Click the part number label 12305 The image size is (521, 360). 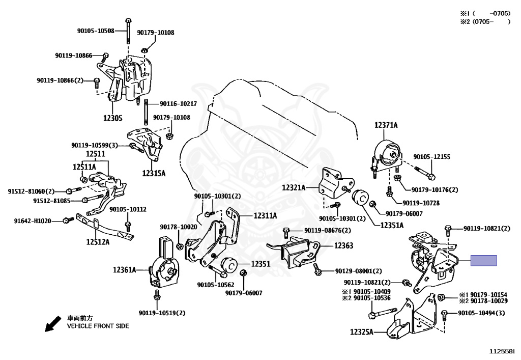pyautogui.click(x=112, y=118)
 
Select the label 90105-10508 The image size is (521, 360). pyautogui.click(x=96, y=31)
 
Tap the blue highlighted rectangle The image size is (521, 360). pyautogui.click(x=483, y=261)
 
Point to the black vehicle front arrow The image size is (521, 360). pyautogui.click(x=53, y=323)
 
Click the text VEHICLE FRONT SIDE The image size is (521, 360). pyautogui.click(x=98, y=326)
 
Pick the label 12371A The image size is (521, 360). pyautogui.click(x=386, y=125)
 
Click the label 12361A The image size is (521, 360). pyautogui.click(x=125, y=269)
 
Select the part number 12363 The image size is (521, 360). pyautogui.click(x=343, y=245)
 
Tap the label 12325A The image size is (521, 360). pyautogui.click(x=362, y=332)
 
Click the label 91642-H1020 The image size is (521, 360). pyautogui.click(x=33, y=220)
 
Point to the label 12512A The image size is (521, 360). pyautogui.click(x=98, y=242)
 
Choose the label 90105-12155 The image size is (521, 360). pyautogui.click(x=432, y=156)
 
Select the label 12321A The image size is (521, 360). pyautogui.click(x=294, y=188)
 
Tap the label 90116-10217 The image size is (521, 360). pyautogui.click(x=179, y=104)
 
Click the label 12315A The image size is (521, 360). pyautogui.click(x=154, y=173)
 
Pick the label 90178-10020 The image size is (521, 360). pyautogui.click(x=179, y=227)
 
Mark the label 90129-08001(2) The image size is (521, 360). pyautogui.click(x=359, y=271)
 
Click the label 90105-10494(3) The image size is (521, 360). pyautogui.click(x=481, y=313)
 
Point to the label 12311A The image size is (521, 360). pyautogui.click(x=266, y=216)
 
